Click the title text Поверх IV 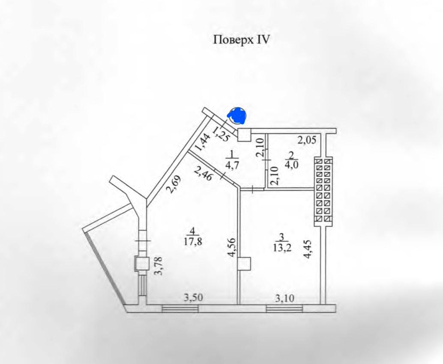241,40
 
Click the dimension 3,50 194,298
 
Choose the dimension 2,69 175,184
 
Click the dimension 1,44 203,142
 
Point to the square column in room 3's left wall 244,264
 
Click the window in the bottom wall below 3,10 284,309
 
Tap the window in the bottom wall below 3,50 180,309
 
